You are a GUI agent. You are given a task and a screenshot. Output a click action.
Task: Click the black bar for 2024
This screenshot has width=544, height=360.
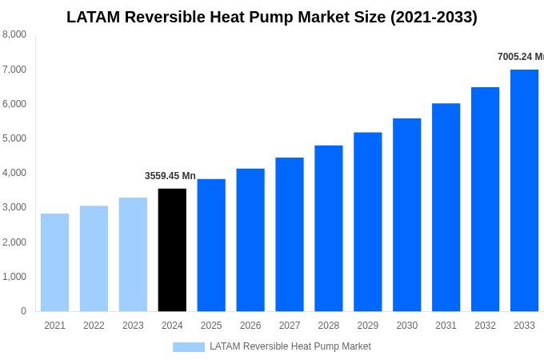tap(172, 250)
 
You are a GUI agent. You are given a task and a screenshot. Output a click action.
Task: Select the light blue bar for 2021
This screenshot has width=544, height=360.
tap(54, 262)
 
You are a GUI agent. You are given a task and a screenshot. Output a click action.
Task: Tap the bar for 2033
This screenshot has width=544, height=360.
tap(524, 190)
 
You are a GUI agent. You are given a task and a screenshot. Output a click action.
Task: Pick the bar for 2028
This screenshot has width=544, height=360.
tap(329, 228)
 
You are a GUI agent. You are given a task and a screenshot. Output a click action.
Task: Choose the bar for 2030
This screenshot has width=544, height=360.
tap(406, 214)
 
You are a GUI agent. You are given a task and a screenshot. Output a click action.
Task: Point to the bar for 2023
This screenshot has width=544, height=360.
tap(133, 254)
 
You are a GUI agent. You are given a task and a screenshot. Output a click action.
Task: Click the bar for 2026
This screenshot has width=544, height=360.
tap(250, 240)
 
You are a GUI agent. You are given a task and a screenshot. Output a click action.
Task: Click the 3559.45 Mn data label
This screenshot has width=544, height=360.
tap(170, 176)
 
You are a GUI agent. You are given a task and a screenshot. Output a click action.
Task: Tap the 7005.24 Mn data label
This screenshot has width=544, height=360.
tap(520, 57)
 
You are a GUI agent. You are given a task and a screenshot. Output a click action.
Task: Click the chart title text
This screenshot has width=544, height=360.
tap(272, 17)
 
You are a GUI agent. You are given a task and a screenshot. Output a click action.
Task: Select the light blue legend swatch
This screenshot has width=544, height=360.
tap(189, 346)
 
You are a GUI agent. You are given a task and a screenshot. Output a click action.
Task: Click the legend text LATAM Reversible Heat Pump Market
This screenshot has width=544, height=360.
tap(290, 346)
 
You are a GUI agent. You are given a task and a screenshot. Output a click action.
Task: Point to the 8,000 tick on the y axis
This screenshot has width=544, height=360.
tap(14, 34)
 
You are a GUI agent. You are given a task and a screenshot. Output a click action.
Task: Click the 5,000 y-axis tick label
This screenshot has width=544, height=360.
tap(14, 138)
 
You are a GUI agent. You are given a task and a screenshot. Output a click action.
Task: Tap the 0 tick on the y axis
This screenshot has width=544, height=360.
tap(23, 311)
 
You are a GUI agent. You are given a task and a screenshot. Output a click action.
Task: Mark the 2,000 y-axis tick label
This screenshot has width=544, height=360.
tap(14, 242)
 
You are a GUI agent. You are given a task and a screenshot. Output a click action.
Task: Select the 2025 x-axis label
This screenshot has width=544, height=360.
tap(211, 326)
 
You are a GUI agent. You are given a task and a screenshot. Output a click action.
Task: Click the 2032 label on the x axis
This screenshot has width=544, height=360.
tap(485, 326)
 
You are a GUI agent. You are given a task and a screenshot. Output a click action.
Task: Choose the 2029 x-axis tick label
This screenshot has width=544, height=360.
tap(368, 326)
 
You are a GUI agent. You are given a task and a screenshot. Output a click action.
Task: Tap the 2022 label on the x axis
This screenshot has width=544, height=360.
tap(94, 326)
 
